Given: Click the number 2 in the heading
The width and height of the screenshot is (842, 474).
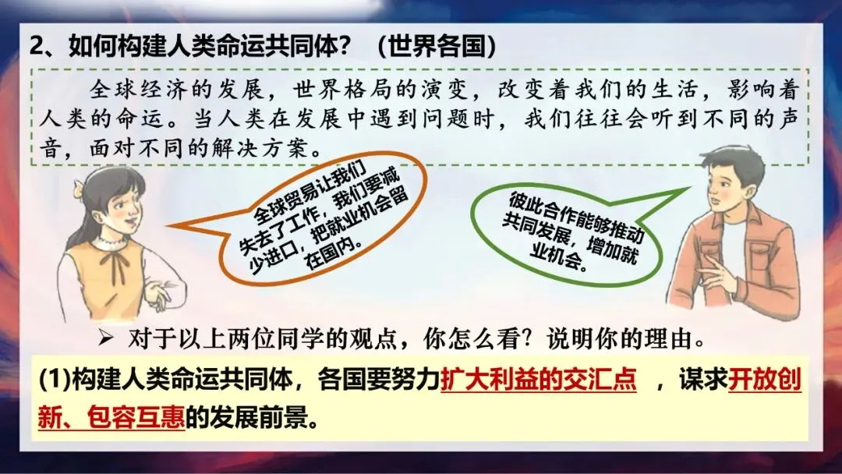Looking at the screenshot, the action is (x=36, y=47).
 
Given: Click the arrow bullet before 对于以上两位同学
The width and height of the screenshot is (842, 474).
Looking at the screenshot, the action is (x=106, y=338).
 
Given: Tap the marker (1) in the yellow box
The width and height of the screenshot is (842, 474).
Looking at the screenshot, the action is (x=55, y=380).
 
